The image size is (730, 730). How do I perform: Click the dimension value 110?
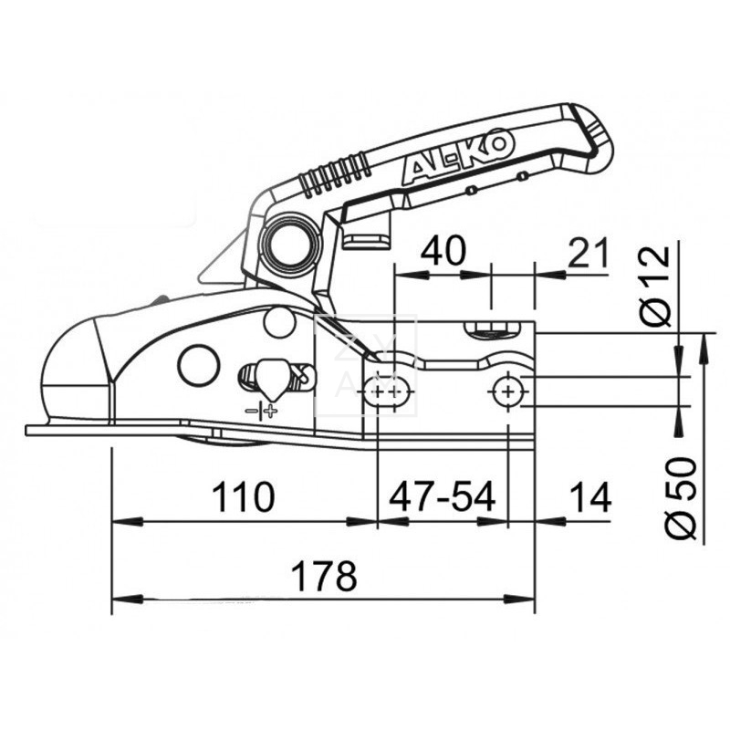243,497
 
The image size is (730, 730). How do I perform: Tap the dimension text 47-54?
443,497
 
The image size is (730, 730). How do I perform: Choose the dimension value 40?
442,249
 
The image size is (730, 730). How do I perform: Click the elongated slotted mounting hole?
389,391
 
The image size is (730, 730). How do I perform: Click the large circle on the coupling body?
199,365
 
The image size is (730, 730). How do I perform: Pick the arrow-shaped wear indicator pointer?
270,374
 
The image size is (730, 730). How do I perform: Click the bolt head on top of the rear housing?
489,328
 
